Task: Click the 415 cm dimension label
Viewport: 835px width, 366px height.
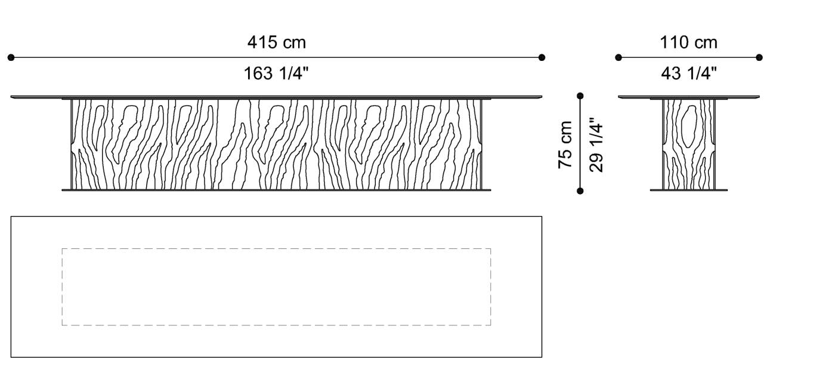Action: pos(276,42)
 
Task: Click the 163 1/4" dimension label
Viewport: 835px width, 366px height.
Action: pos(276,73)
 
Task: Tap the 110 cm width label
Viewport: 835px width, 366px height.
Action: pos(688,42)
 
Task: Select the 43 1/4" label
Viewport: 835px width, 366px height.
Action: pos(688,73)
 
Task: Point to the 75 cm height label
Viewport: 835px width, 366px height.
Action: pos(565,144)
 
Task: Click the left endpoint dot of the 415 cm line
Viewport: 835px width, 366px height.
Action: pos(11,58)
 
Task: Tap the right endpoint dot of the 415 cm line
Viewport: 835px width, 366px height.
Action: pos(542,58)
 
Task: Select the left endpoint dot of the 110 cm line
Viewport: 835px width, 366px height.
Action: pos(618,58)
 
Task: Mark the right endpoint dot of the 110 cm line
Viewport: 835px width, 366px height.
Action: pos(759,58)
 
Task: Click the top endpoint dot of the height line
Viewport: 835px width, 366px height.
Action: pos(580,96)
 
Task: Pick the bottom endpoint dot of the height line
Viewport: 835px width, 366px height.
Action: pos(580,191)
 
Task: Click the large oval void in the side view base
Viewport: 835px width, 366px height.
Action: pos(689,127)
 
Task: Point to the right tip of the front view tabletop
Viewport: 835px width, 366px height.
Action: pos(542,96)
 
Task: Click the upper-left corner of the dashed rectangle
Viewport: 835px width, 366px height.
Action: pos(62,249)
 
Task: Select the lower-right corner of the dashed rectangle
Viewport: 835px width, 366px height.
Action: pos(491,325)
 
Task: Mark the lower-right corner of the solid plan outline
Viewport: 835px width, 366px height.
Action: pos(542,357)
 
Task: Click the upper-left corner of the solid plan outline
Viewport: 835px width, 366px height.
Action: pos(11,217)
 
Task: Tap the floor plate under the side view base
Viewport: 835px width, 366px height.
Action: pos(689,190)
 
